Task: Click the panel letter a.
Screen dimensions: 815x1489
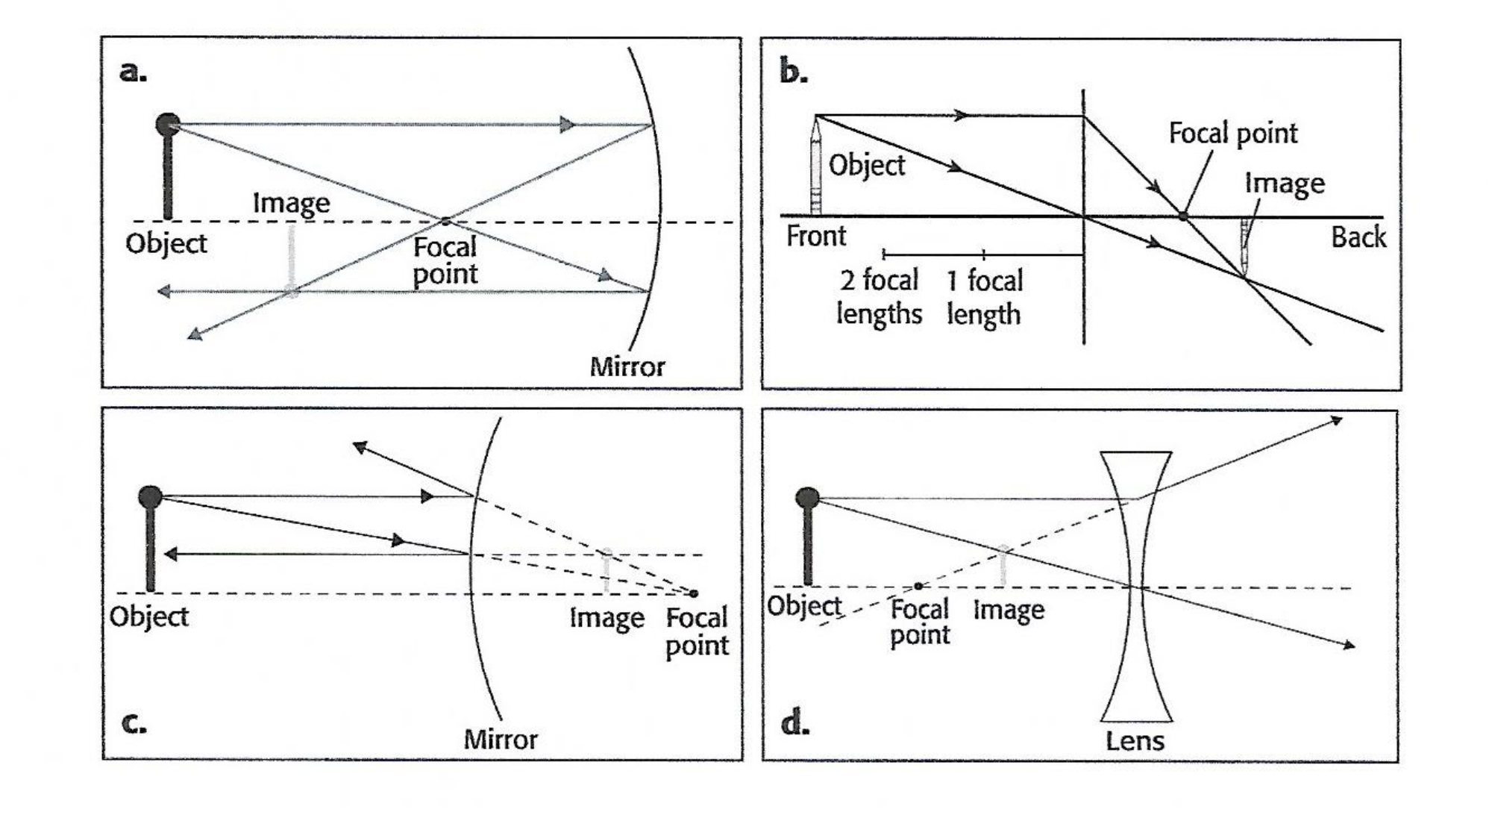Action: point(133,72)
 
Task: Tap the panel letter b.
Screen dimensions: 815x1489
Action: point(793,72)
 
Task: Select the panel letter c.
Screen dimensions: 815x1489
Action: point(133,722)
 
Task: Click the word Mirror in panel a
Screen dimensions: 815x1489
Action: point(627,366)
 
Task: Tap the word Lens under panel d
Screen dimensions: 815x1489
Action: point(1135,740)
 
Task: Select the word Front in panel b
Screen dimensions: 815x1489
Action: point(816,237)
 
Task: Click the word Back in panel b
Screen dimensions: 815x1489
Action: point(1358,238)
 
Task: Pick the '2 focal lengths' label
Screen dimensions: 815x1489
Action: point(879,297)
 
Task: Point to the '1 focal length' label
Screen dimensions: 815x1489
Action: point(985,297)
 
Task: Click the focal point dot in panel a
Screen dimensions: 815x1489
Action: point(445,221)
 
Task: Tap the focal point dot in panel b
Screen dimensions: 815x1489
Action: point(1182,216)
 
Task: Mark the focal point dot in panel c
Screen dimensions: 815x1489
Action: point(694,593)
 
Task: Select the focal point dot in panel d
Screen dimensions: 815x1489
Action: point(918,587)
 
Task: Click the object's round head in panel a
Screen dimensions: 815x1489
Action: point(168,125)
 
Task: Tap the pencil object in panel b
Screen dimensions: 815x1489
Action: point(816,168)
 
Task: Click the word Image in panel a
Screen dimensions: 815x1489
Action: point(291,203)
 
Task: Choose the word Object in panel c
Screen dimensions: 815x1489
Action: point(148,616)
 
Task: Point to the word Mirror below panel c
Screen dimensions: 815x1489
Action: point(500,740)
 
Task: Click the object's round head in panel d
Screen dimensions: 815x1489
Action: point(807,498)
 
